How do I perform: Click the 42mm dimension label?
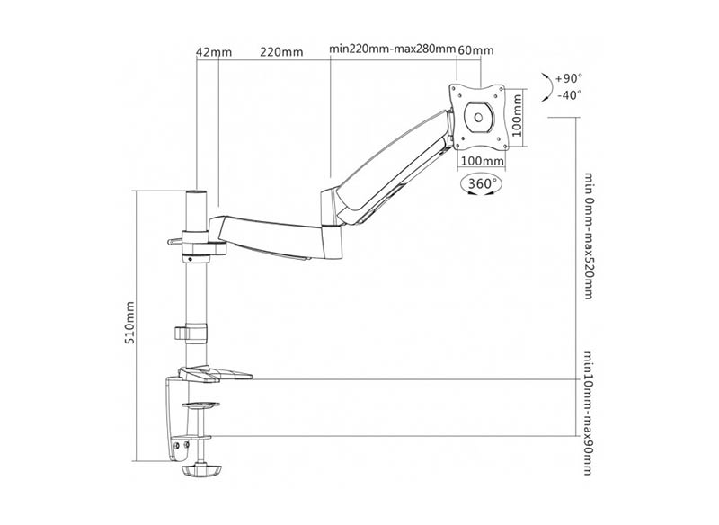(214, 52)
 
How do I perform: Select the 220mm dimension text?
(281, 52)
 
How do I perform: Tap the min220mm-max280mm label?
(393, 49)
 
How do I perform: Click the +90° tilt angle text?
(569, 78)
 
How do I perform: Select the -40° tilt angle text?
(570, 95)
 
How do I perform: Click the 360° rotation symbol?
(482, 184)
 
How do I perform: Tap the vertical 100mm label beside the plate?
(517, 115)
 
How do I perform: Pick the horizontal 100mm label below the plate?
(483, 161)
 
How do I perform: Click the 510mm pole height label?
(130, 323)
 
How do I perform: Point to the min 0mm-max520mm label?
(589, 236)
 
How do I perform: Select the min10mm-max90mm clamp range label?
(589, 414)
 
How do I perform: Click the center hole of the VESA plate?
(479, 118)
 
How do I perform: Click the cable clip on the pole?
(191, 333)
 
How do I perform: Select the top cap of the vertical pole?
(196, 191)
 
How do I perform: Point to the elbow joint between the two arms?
(332, 225)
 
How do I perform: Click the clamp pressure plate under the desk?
(200, 405)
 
